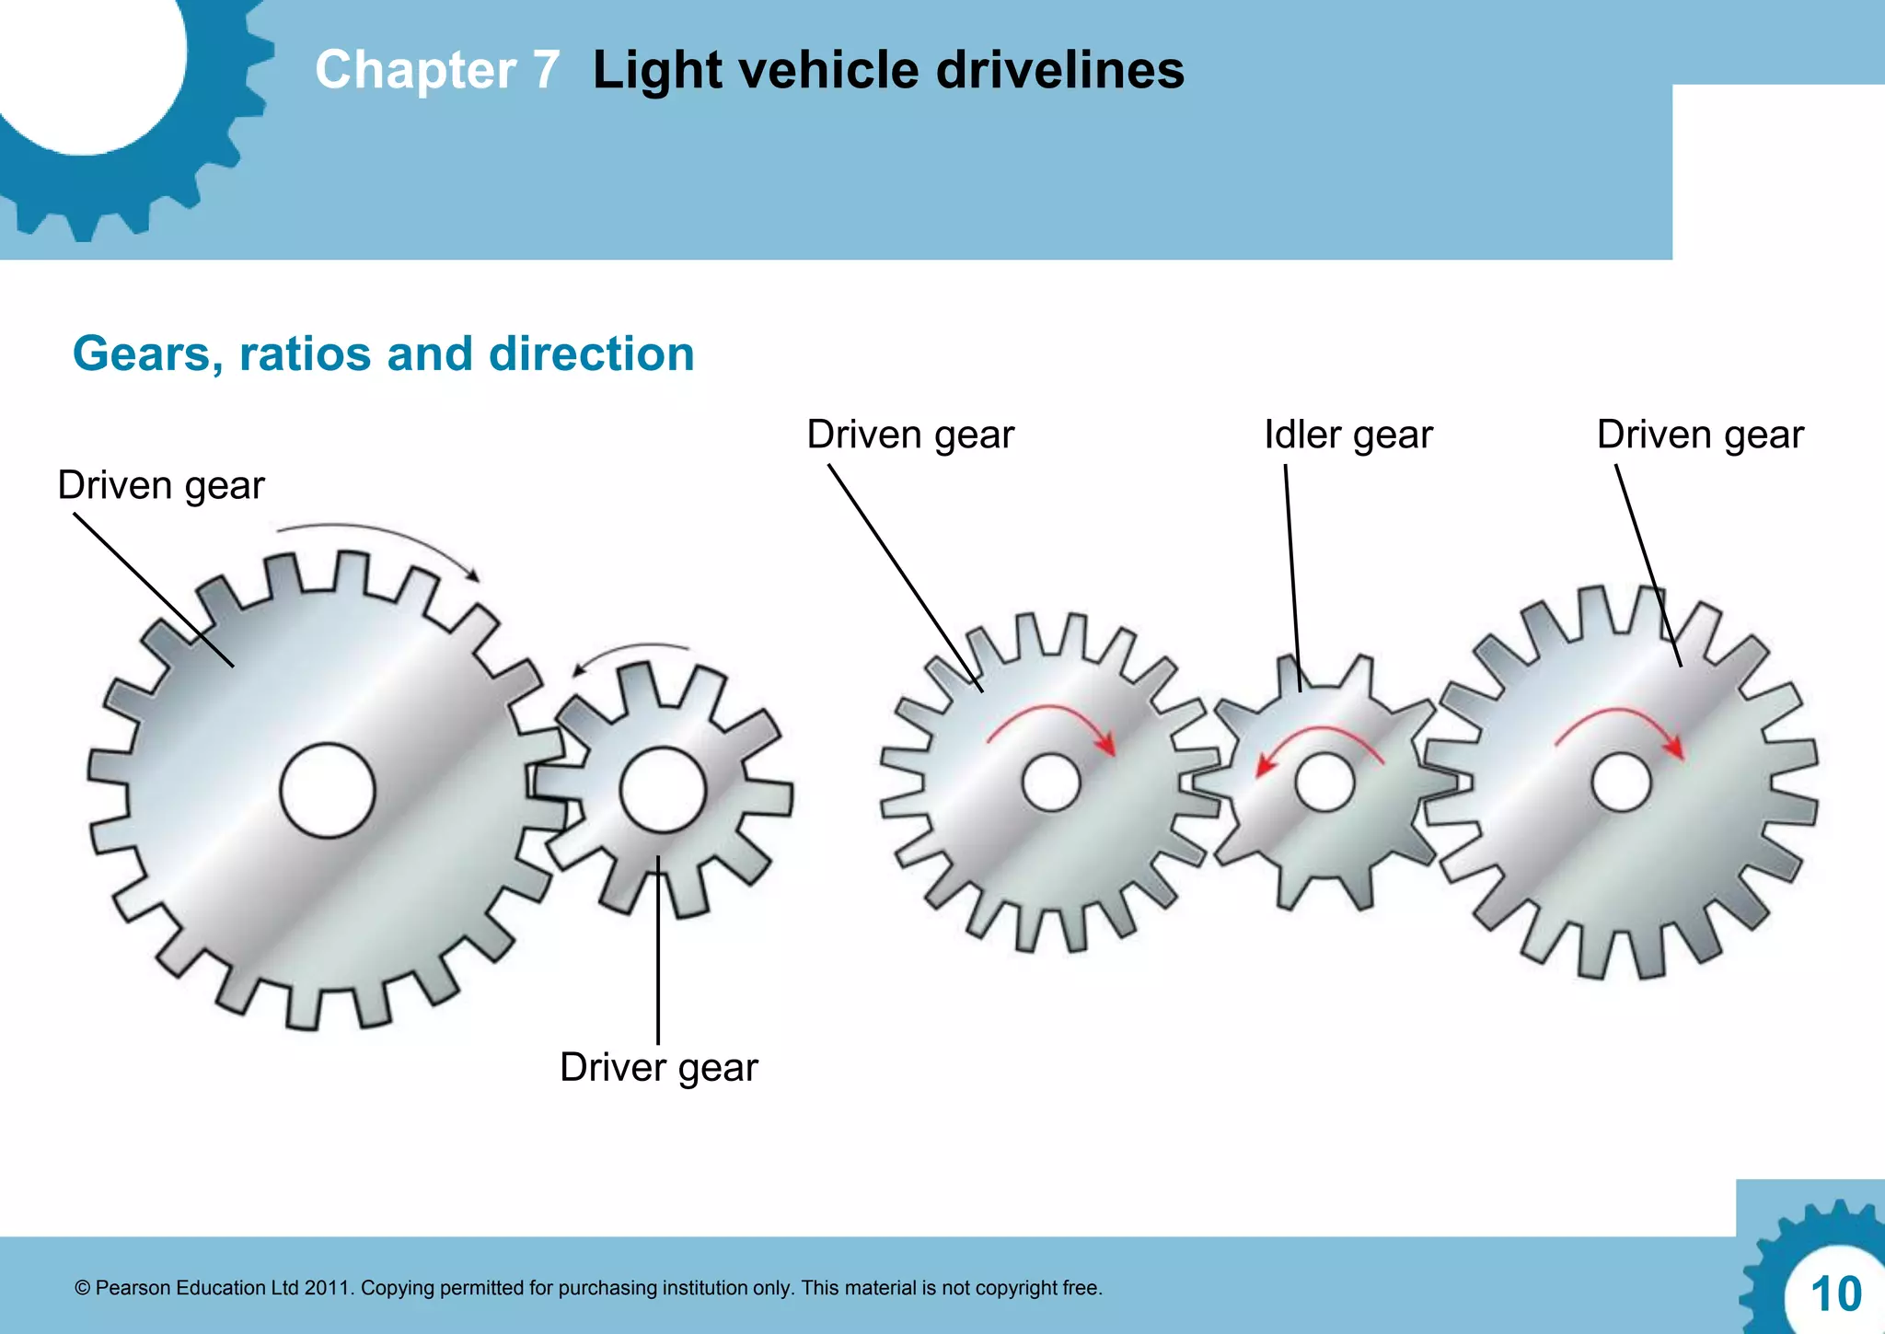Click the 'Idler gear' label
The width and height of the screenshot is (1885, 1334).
[1347, 435]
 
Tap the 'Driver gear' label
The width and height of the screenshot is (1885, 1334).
[658, 1068]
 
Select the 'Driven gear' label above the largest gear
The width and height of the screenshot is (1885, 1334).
[161, 485]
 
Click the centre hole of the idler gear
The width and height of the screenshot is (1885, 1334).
[1324, 783]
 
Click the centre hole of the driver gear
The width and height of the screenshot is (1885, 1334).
[662, 790]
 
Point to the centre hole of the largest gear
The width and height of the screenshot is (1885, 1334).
[328, 791]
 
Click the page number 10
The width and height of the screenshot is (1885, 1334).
[1835, 1294]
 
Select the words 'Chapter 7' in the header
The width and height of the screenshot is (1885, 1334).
[437, 70]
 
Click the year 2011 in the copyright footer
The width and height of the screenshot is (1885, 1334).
[327, 1288]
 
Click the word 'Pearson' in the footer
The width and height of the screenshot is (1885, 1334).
[133, 1288]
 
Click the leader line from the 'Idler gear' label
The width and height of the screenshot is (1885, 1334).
[1292, 580]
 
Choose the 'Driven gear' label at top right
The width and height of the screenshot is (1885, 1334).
[1699, 435]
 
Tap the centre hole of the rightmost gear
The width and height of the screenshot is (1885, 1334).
[1621, 783]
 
